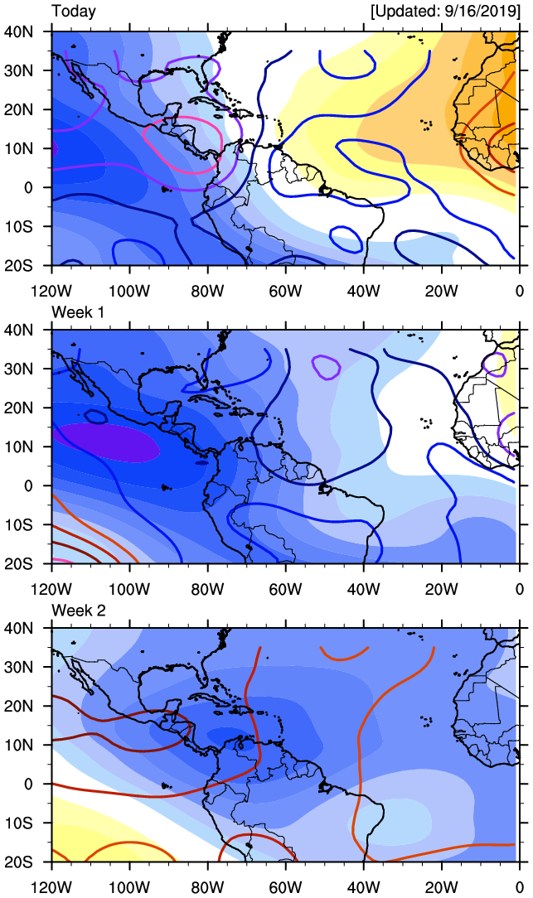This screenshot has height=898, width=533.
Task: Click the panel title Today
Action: [74, 12]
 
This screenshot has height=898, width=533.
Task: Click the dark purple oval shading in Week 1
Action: [106, 442]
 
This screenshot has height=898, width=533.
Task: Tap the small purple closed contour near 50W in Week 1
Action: [327, 365]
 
